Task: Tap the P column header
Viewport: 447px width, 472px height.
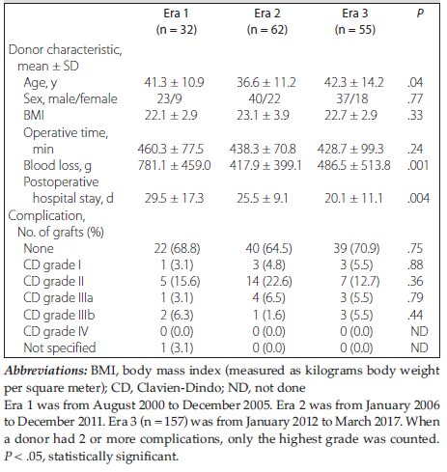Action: [420, 14]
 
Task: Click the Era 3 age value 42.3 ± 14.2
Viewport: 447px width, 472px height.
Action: [353, 83]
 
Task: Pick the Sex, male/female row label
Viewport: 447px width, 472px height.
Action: [70, 99]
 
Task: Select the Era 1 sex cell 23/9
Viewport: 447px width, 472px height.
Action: [170, 99]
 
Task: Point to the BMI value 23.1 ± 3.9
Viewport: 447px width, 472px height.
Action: [263, 116]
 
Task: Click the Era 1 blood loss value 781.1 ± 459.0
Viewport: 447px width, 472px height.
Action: [174, 166]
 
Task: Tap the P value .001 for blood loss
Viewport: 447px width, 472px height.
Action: [418, 166]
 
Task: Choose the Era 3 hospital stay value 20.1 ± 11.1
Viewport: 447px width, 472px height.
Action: [353, 199]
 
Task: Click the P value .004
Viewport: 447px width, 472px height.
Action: [418, 199]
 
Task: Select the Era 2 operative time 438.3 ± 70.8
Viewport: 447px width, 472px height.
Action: [263, 150]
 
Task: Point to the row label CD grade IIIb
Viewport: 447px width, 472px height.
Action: [59, 316]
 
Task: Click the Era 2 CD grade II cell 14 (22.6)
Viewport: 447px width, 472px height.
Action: [269, 282]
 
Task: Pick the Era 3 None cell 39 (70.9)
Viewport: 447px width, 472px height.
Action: [356, 249]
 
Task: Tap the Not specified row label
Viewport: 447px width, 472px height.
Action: [60, 348]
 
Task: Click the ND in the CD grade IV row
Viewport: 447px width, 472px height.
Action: [419, 332]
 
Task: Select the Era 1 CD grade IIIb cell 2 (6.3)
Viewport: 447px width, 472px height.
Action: [177, 316]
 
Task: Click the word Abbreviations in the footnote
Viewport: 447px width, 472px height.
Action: [45, 371]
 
